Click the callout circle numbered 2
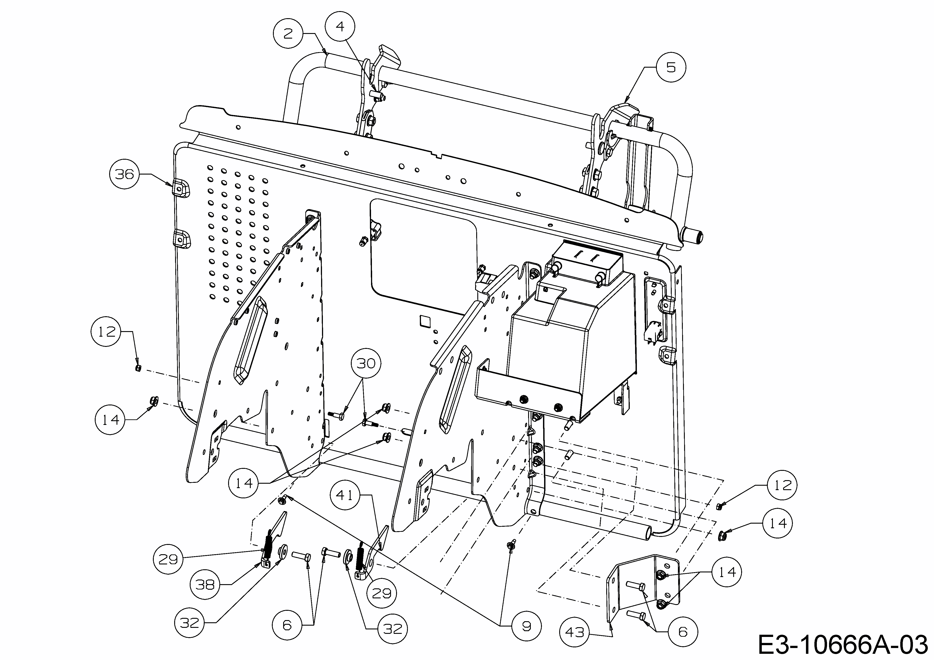click(288, 34)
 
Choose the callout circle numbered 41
click(345, 495)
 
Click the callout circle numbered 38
click(205, 585)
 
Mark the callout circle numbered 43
click(574, 632)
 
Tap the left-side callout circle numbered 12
click(106, 332)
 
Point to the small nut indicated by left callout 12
click(138, 368)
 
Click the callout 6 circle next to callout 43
click(683, 632)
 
